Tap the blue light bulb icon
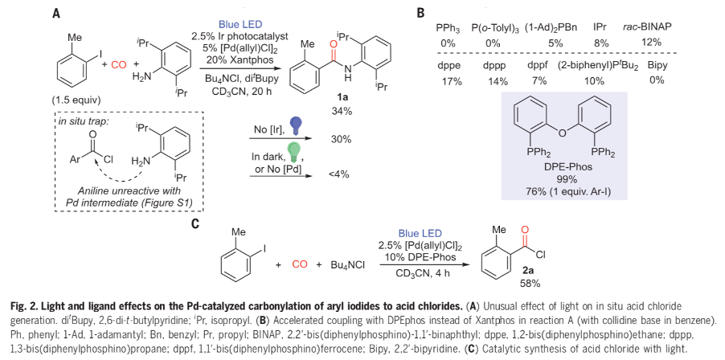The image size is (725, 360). pyautogui.click(x=296, y=125)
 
